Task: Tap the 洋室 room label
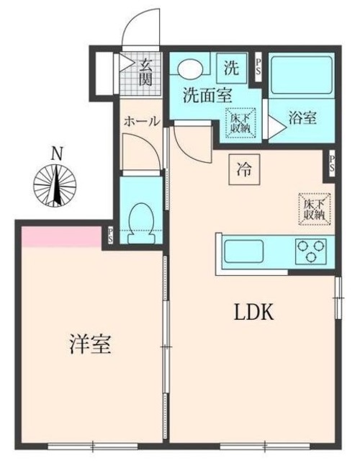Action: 90,345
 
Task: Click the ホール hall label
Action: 141,121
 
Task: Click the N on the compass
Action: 55,153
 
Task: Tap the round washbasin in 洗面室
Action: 190,68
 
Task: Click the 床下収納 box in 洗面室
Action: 239,122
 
